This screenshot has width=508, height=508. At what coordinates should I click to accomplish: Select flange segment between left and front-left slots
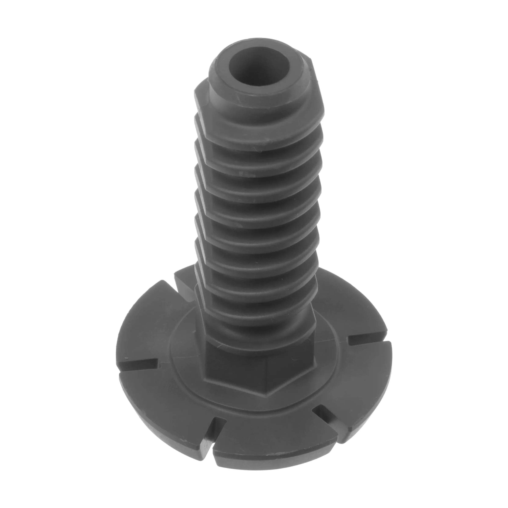[163, 402]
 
